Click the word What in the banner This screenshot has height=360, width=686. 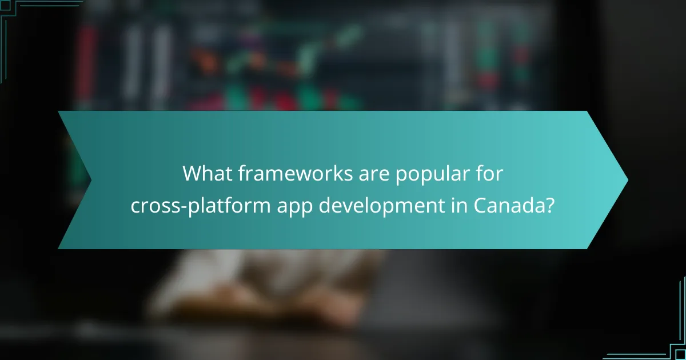pos(208,173)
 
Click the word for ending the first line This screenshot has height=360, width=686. pos(490,173)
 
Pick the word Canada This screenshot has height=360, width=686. pos(508,204)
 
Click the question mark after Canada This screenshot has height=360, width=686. pos(549,204)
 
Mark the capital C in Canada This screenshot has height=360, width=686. pos(480,204)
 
